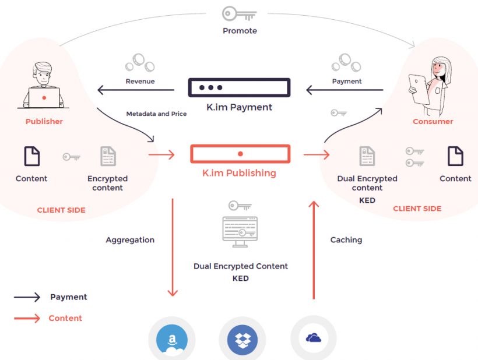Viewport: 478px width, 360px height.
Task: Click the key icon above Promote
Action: (x=239, y=14)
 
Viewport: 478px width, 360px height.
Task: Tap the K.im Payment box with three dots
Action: (x=239, y=87)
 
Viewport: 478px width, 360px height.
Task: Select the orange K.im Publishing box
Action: (x=240, y=154)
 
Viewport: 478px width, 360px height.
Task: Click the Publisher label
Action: (x=44, y=122)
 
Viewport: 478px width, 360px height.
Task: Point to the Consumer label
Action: (x=433, y=122)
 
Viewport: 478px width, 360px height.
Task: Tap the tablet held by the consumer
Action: (x=419, y=87)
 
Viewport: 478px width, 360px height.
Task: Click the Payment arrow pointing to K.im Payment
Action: (x=344, y=90)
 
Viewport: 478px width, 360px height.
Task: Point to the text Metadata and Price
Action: (x=156, y=114)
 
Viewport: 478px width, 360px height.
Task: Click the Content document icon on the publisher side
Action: (x=31, y=156)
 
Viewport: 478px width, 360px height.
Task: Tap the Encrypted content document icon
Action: (x=108, y=156)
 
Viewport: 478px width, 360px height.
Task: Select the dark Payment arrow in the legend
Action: (x=27, y=297)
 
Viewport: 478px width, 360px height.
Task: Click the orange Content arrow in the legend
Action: (x=27, y=318)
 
